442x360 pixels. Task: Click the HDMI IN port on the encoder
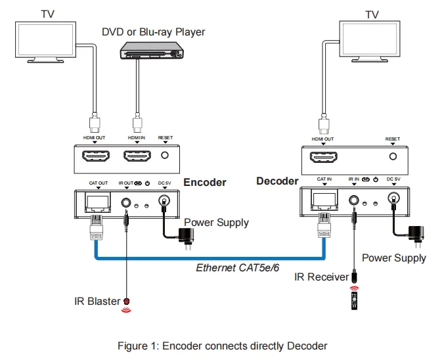pos(137,156)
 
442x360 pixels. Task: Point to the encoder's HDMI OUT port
pos(95,156)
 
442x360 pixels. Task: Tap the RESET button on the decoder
pos(393,156)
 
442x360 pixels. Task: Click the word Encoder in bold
pos(204,183)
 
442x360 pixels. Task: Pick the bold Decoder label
pos(276,181)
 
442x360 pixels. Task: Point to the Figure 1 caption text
pos(222,346)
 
